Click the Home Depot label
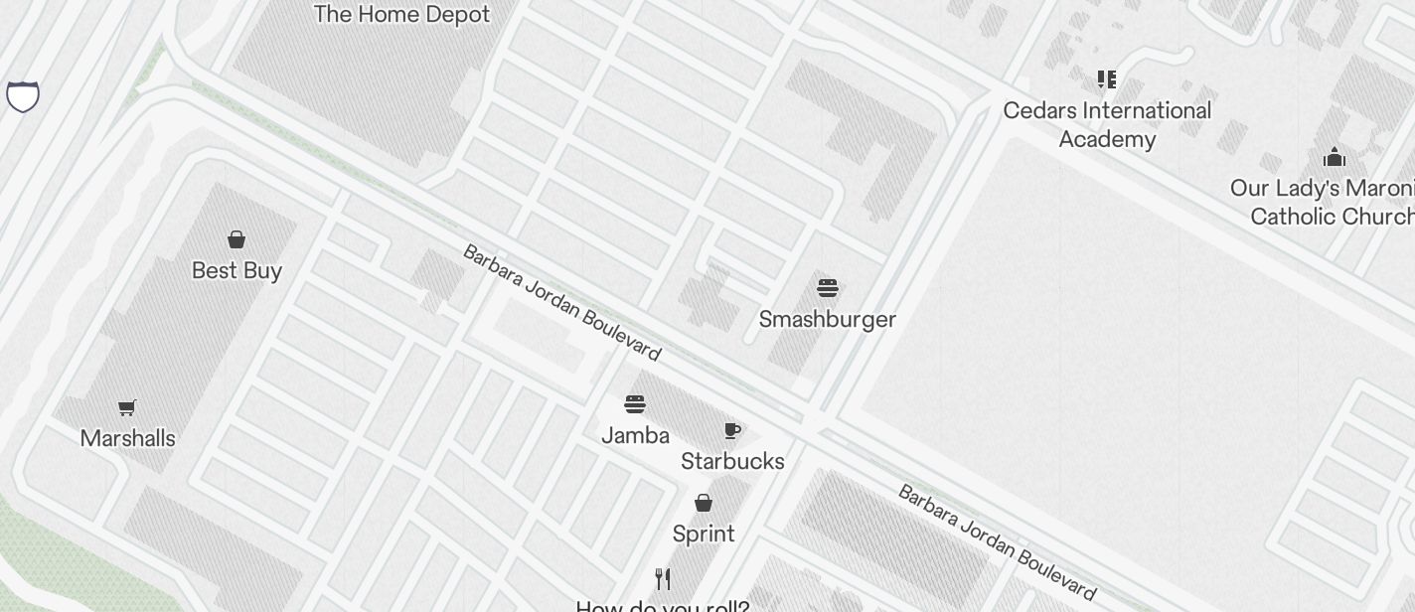[x=401, y=15]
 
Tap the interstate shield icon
[x=23, y=96]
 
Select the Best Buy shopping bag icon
[x=236, y=239]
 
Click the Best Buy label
[x=236, y=270]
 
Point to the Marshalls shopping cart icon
[x=126, y=407]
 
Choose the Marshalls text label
[x=127, y=438]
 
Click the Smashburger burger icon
[x=828, y=288]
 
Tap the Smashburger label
[x=828, y=319]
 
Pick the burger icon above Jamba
[x=635, y=404]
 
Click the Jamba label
[x=635, y=435]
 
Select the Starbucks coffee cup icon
[x=732, y=430]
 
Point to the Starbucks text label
[x=732, y=461]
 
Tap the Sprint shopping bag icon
[x=704, y=503]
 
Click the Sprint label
[x=704, y=534]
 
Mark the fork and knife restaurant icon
[x=663, y=579]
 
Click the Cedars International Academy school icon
[x=1106, y=79]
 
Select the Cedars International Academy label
[x=1107, y=124]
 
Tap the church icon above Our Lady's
[x=1334, y=157]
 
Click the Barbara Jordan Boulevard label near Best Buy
[x=561, y=302]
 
